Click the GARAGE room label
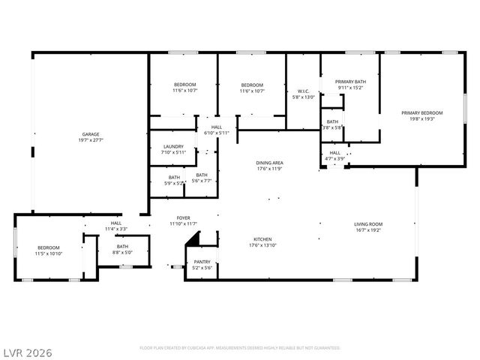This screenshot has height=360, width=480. (x=90, y=134)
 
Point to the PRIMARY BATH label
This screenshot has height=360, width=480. (x=350, y=82)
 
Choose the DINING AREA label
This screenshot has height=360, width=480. (x=269, y=162)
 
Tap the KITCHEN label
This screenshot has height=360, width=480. (x=263, y=240)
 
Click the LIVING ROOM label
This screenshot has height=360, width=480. (x=368, y=223)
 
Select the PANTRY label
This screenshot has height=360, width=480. (x=202, y=262)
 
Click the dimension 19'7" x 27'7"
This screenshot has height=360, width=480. (x=90, y=140)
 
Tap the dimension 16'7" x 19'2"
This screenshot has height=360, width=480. (x=368, y=229)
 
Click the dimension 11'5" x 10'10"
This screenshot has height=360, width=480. (x=49, y=253)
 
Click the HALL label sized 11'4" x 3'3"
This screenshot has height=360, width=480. (x=116, y=223)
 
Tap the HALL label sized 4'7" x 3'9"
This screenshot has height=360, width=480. (x=335, y=152)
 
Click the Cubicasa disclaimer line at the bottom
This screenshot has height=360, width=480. (x=239, y=348)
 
